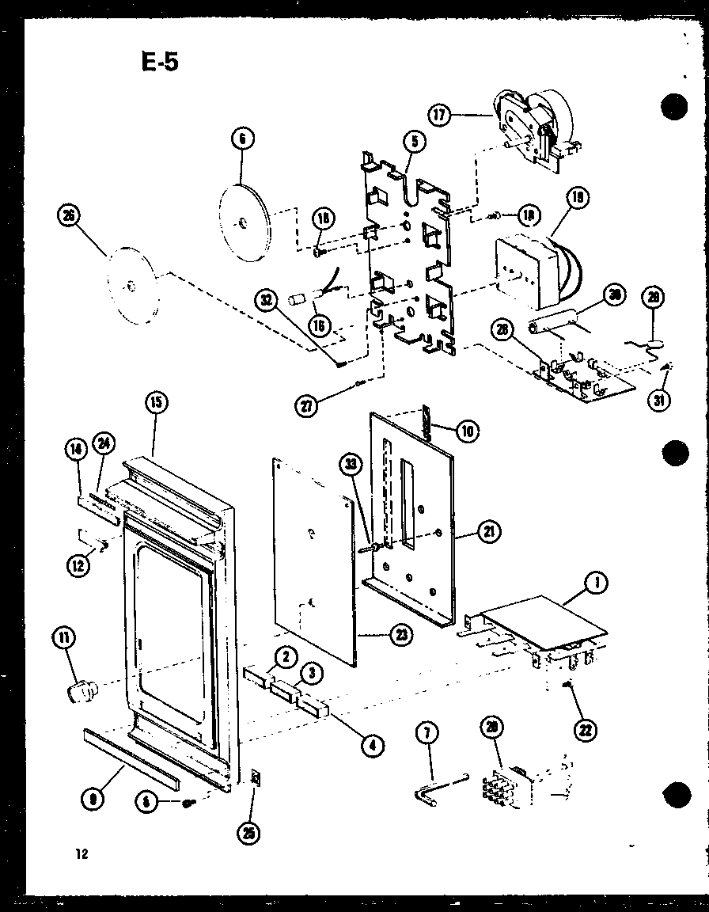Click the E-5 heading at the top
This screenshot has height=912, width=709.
pyautogui.click(x=158, y=62)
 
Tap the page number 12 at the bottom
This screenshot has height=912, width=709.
pyautogui.click(x=81, y=853)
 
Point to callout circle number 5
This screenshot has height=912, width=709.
pyautogui.click(x=415, y=142)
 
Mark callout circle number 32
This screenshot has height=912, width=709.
pyautogui.click(x=267, y=301)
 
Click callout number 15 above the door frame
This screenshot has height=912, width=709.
pyautogui.click(x=155, y=403)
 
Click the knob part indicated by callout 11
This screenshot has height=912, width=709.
pyautogui.click(x=79, y=694)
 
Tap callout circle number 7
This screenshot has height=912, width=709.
pyautogui.click(x=427, y=733)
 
